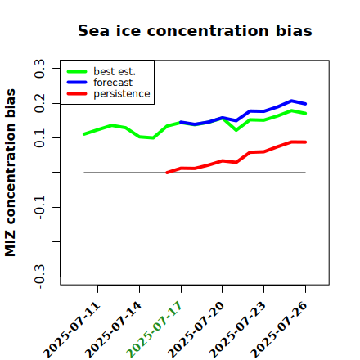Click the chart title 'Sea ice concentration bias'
195,30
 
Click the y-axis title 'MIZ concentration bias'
11,173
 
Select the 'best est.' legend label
115,71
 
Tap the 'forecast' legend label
113,83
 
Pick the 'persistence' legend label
122,94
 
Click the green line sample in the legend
77,71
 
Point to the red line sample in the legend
77,94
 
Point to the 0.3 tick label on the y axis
40,69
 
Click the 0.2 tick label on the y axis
40,103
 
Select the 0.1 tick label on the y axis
40,138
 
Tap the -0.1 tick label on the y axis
40,207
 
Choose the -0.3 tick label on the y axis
40,277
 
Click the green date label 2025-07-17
155,329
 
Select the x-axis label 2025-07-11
72,329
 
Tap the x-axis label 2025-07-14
113,329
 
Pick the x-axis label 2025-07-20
196,329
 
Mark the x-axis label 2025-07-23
237,329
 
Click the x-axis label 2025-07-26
279,329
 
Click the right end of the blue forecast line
305,104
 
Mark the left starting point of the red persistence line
167,173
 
